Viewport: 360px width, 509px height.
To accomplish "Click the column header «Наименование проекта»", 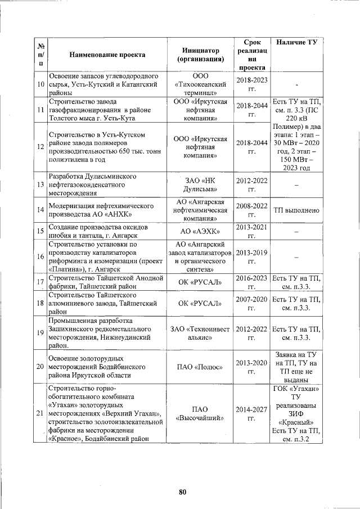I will (107, 55).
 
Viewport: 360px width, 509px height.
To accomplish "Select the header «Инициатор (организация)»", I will (200, 55).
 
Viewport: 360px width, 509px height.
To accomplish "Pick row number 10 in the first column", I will (40, 84).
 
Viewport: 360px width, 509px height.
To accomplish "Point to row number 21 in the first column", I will (40, 414).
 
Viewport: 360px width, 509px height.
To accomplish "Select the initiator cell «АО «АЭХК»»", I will (200, 231).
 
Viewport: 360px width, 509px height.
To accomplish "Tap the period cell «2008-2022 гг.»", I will (252, 210).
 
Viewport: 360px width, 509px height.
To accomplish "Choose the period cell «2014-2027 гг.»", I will (252, 414).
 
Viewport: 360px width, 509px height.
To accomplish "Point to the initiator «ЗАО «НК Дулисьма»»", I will (200, 185).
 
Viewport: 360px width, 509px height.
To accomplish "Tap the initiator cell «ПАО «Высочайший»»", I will (200, 414).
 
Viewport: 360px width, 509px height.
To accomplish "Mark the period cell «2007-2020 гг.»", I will (252, 304).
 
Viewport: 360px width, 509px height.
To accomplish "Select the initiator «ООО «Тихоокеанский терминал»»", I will (200, 84).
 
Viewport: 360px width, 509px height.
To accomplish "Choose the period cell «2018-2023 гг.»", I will (252, 84).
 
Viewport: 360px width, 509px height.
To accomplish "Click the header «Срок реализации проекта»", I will (252, 55).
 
